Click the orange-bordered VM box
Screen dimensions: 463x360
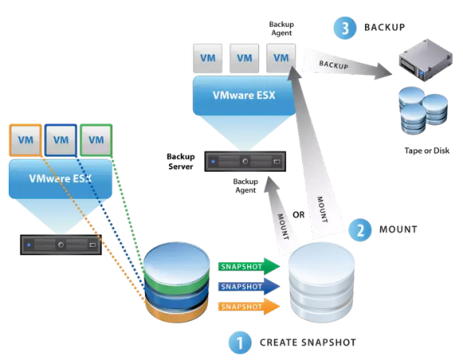coord(26,140)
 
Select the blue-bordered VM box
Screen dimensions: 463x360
coord(61,140)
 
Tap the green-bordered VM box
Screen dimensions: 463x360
coord(96,140)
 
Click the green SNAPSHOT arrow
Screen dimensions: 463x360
coord(249,266)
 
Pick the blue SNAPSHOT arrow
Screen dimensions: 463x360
coord(249,286)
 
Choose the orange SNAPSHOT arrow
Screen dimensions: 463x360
coord(249,307)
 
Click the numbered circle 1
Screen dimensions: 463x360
coord(240,342)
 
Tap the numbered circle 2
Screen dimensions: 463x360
coord(360,229)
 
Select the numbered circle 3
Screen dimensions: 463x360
coord(345,28)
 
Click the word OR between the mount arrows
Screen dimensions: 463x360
coord(299,215)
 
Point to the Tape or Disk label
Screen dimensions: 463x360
coord(427,151)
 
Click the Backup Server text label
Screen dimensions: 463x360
coord(181,162)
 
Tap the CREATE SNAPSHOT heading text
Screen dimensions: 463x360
coord(308,342)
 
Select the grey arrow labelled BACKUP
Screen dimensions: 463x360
coord(347,65)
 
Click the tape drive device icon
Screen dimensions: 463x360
coord(426,60)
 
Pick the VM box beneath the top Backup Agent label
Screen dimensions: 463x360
coord(281,58)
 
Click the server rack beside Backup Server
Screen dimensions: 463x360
coord(245,162)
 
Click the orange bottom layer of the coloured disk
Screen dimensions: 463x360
coord(177,311)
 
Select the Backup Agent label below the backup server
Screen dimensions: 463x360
coord(245,186)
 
